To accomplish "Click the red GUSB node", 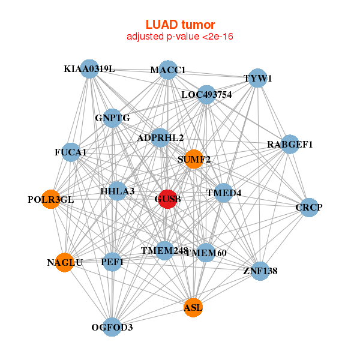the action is tap(167, 199).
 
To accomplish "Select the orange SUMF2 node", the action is tap(193, 159).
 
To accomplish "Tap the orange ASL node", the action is tap(193, 307).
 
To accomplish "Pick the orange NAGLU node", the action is tap(64, 262).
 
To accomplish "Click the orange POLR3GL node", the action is tap(51, 199).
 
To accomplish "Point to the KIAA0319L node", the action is tap(89, 69).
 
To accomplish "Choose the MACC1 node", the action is tap(168, 70).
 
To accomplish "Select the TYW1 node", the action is tap(257, 79).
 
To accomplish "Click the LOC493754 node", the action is tap(206, 94).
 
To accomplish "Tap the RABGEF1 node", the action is tap(290, 144).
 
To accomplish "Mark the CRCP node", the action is tap(309, 208).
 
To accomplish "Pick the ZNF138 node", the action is tap(260, 271).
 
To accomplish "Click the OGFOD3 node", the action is tap(112, 327).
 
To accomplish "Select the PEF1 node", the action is tap(113, 262).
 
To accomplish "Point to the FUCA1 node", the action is tap(71, 152).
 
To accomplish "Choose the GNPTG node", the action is tap(112, 118).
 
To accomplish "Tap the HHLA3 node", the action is tap(118, 191).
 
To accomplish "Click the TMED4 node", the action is tap(223, 193).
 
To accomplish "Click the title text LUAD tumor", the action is tap(180, 25).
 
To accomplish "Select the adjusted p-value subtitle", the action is tap(180, 37).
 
